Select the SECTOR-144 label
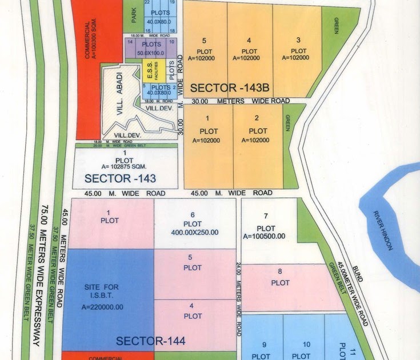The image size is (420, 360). (x=151, y=341)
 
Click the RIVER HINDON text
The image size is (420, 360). (x=383, y=229)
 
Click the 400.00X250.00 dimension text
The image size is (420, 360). (x=194, y=233)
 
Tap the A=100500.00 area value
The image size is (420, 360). (x=266, y=236)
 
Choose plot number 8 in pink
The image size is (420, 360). (x=280, y=278)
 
